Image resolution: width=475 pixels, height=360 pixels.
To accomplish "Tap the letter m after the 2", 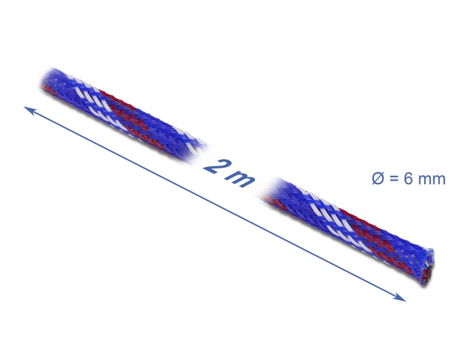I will (x=241, y=178).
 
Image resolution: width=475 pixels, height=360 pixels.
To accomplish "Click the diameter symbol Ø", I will (x=377, y=179).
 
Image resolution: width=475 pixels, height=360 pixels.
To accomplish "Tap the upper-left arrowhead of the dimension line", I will (x=27, y=109).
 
